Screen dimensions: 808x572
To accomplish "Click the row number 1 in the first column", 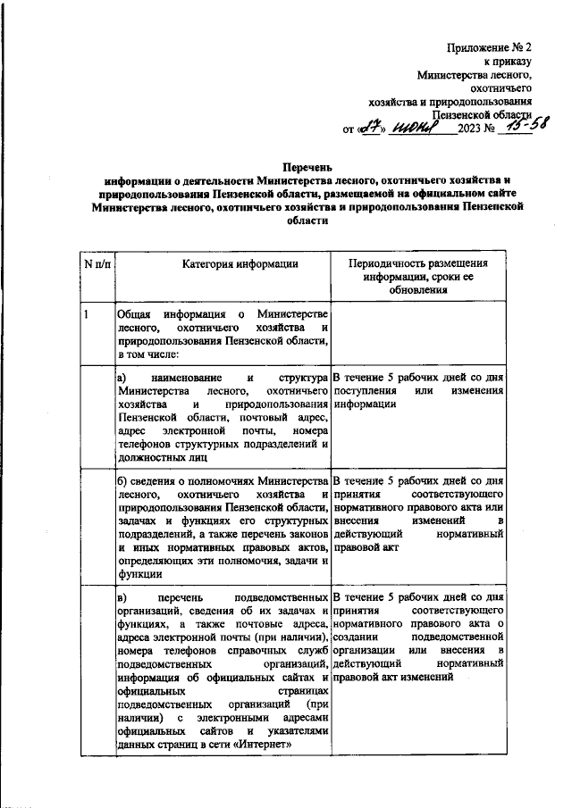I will tap(87, 314).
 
